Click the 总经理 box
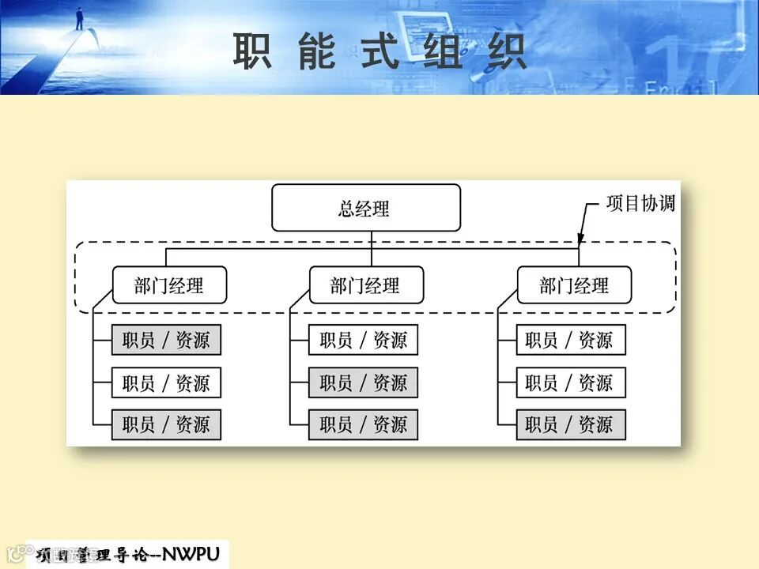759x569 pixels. coord(366,208)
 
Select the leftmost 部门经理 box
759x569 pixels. coord(169,285)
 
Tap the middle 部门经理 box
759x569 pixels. coord(365,285)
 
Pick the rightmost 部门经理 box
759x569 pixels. coord(574,285)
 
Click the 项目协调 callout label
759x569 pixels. coord(640,203)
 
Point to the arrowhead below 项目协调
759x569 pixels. coord(580,239)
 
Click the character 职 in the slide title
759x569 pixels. coord(252,51)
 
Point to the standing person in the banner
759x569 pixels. coord(79,18)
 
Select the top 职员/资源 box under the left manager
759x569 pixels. coord(166,341)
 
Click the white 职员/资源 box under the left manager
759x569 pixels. coord(166,383)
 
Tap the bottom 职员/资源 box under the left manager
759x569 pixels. coord(166,425)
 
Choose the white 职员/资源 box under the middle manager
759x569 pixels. coord(363,341)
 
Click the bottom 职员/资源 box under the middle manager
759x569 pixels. coord(363,425)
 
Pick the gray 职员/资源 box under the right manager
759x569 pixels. coord(570,425)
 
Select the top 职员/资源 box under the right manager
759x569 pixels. coord(570,341)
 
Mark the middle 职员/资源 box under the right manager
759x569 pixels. coord(570,383)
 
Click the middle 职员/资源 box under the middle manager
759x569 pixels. coord(363,383)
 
